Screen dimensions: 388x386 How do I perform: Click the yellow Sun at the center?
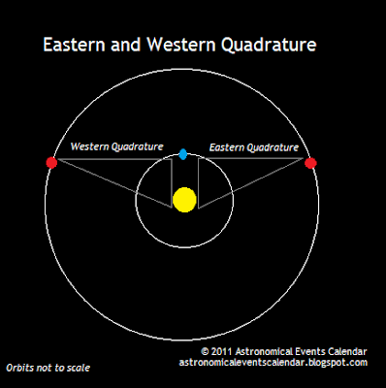[x=184, y=200]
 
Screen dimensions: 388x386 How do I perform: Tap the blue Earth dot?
[x=183, y=154]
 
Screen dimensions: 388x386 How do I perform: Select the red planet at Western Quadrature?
[x=51, y=162]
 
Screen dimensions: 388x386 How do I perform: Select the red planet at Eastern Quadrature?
[x=310, y=163]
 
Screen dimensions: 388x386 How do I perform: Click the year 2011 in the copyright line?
[x=225, y=351]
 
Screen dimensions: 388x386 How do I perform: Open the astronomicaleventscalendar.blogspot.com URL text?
[x=273, y=363]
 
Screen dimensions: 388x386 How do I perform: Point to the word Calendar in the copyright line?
[x=344, y=351]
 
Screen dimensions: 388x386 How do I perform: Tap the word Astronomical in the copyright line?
[x=266, y=351]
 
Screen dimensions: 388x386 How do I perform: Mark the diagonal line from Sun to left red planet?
[x=112, y=184]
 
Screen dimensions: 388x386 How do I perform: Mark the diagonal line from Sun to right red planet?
[x=254, y=184]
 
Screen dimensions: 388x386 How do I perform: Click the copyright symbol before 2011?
[x=206, y=351]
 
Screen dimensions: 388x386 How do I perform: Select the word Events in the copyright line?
[x=309, y=351]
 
